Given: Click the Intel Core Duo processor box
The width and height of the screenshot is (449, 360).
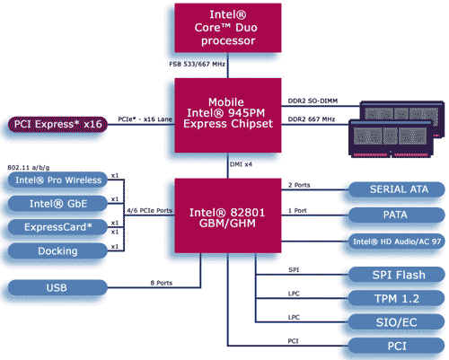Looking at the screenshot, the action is (x=228, y=28).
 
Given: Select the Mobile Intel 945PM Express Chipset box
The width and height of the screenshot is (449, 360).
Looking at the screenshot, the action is (x=228, y=115).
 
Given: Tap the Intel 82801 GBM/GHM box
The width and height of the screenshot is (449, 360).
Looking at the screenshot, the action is (x=228, y=215).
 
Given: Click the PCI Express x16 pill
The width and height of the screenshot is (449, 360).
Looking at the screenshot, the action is (x=57, y=124).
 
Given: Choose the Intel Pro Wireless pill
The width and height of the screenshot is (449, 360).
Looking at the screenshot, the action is (x=57, y=180).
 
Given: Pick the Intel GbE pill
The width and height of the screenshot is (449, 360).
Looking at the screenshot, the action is (x=57, y=204).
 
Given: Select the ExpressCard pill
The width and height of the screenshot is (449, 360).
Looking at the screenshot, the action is (x=57, y=227).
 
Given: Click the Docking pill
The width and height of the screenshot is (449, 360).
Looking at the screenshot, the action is (x=57, y=250).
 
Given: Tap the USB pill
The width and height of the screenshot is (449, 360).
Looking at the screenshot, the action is (x=57, y=287).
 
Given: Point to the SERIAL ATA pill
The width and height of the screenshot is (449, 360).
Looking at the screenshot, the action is (x=397, y=189).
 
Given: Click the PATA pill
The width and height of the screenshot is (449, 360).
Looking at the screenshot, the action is (x=397, y=215).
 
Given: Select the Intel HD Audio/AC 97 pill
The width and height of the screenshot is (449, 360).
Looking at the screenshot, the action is (x=397, y=241).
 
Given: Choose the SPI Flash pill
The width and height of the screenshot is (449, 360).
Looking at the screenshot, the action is (x=397, y=275).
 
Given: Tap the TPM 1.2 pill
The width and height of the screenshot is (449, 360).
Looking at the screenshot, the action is (x=397, y=298).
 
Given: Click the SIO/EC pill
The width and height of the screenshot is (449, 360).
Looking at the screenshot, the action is (x=397, y=322).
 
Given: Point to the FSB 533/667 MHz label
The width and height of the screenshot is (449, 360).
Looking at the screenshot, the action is (x=197, y=64).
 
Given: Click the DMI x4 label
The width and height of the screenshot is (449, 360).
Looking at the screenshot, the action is (x=241, y=164).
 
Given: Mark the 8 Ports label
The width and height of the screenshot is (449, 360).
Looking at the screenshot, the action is (x=162, y=283).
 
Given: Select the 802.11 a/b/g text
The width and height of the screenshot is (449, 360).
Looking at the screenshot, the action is (x=29, y=168).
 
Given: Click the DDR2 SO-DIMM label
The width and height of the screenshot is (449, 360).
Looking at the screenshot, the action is (x=313, y=101).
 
